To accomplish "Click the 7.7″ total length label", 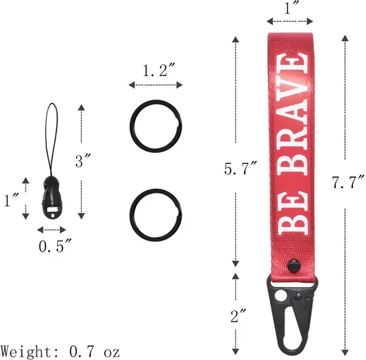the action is point(348,181).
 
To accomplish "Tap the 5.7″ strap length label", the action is point(241,168).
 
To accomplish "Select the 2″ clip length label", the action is point(238,315).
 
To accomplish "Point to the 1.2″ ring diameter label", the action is point(159,70).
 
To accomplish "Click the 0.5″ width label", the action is point(55,246).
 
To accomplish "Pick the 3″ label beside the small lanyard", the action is point(83,161).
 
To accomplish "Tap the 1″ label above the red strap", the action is point(290,8).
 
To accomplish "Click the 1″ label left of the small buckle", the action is point(12,200).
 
